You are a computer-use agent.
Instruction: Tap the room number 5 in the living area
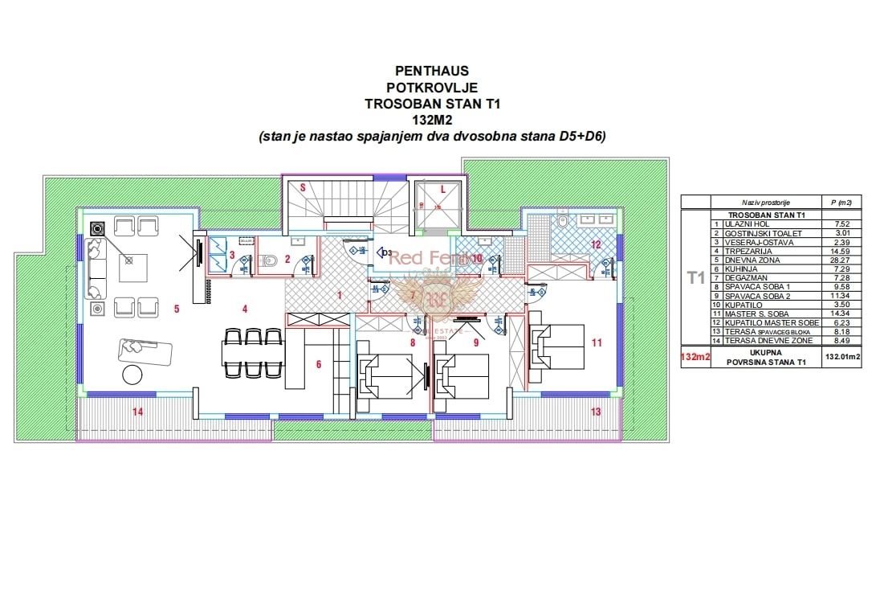[x=176, y=308]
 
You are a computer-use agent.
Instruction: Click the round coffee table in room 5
[x=129, y=374]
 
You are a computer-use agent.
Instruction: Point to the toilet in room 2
[x=271, y=260]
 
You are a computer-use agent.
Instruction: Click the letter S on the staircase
[x=303, y=186]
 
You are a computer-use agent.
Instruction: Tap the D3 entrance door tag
[x=387, y=254]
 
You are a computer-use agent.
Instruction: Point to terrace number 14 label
[x=137, y=412]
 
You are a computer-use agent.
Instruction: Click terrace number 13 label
[x=595, y=412]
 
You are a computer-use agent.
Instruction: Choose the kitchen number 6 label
[x=318, y=364]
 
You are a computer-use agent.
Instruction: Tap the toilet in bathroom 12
[x=564, y=220]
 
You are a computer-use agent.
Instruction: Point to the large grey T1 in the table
[x=695, y=278]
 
